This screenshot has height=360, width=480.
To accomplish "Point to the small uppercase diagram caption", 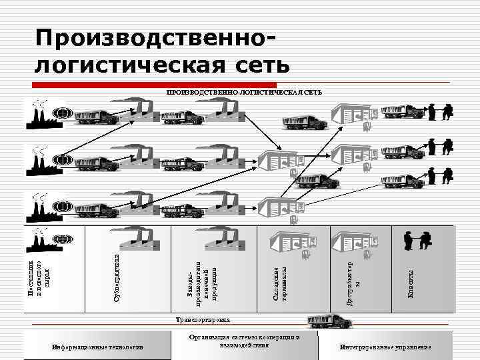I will coord(244,91).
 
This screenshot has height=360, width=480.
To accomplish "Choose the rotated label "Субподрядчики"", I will coord(117,277).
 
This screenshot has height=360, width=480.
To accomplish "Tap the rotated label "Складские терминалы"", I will coord(281,283).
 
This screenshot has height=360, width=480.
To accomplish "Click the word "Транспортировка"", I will coord(203,321).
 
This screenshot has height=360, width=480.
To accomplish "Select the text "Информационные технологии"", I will coord(97,347).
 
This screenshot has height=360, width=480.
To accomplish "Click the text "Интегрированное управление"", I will coord(385,347).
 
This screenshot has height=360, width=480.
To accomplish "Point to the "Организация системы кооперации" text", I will coord(245,341).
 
